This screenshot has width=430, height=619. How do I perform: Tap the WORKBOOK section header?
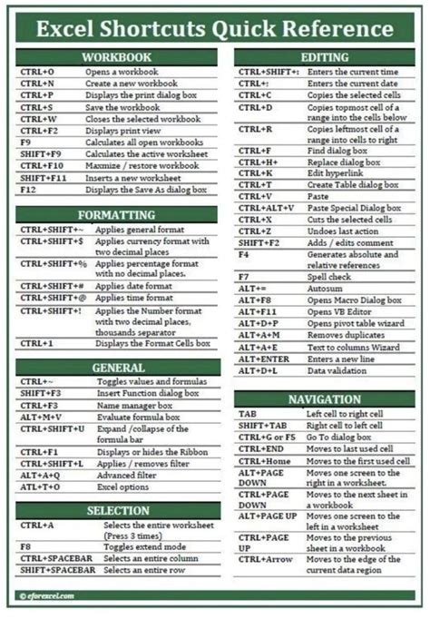tap(117, 57)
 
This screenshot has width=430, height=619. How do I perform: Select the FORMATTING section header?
tap(117, 215)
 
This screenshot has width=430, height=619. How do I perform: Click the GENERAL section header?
tap(117, 368)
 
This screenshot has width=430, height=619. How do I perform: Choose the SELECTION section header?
tap(117, 510)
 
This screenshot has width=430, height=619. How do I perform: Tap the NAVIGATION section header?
tap(325, 399)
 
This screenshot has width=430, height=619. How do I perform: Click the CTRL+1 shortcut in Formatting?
tap(37, 344)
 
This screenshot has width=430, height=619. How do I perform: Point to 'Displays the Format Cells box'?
tap(152, 344)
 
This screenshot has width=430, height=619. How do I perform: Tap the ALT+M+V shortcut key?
tap(39, 418)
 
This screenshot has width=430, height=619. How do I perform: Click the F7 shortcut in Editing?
tap(244, 276)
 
